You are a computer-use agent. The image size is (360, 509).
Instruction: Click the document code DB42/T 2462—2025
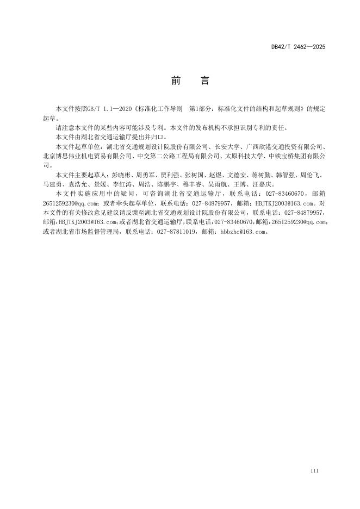(299, 47)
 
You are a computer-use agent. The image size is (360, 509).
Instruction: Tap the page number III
(314, 470)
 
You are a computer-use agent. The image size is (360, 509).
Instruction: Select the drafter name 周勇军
(147, 175)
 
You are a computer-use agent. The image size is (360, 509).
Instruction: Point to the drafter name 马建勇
(53, 184)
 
